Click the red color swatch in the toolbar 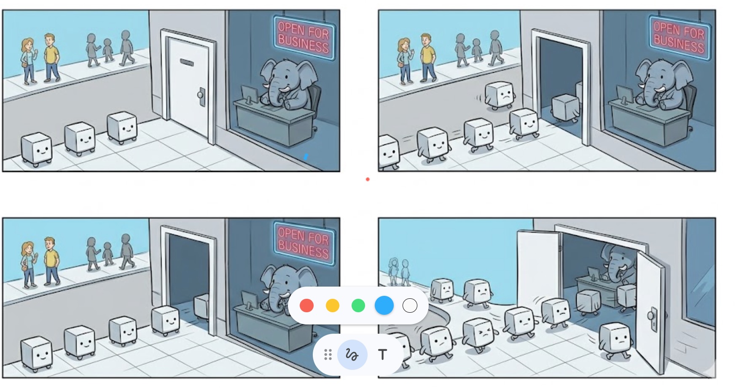pos(306,306)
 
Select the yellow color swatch pos(333,306)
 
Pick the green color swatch pos(358,306)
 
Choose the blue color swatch pos(384,306)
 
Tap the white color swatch pos(410,306)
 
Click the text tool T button pos(382,355)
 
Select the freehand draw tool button pos(352,355)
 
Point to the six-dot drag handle pos(328,355)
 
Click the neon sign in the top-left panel pos(304,37)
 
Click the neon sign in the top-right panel pos(679,37)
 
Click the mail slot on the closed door pos(187,63)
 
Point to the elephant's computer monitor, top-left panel pos(249,94)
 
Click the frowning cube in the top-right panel pos(500,95)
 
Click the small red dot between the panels pos(368,179)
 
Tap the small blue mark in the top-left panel pos(306,157)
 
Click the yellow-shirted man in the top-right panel pos(427,58)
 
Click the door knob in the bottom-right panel pos(652,314)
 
